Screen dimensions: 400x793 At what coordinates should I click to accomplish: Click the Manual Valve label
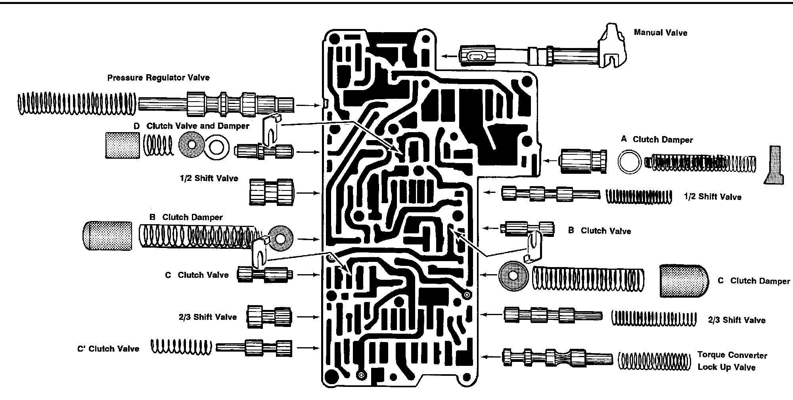click(660, 33)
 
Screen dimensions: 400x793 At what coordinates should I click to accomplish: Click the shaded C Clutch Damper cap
click(684, 281)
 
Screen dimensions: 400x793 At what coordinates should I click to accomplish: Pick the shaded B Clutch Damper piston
click(107, 235)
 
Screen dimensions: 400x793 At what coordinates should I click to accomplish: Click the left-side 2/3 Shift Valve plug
click(270, 317)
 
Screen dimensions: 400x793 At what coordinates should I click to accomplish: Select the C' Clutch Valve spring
click(181, 346)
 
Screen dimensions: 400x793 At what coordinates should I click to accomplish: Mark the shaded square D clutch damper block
click(123, 146)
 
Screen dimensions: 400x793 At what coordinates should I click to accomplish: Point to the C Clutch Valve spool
click(265, 274)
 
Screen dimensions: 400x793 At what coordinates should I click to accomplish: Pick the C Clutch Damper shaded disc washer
click(514, 276)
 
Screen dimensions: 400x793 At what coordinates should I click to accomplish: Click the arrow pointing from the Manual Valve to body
click(449, 56)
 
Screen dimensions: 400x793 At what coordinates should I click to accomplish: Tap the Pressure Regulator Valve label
click(158, 78)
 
